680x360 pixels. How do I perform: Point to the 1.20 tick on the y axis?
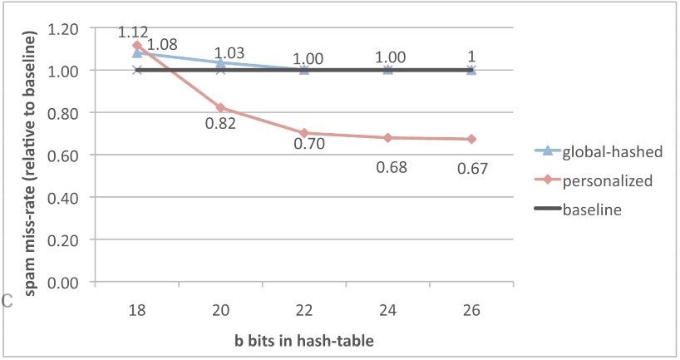[64, 28]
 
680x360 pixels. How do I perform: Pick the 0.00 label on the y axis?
[64, 283]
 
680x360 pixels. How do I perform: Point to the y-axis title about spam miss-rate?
[29, 156]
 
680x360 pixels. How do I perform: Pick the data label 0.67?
[471, 169]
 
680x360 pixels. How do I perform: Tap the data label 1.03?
[229, 53]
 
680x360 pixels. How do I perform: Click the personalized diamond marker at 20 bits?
[221, 107]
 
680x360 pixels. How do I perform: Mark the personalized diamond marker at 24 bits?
[388, 137]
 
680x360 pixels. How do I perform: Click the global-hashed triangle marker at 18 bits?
[138, 53]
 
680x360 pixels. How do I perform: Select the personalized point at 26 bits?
[471, 139]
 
